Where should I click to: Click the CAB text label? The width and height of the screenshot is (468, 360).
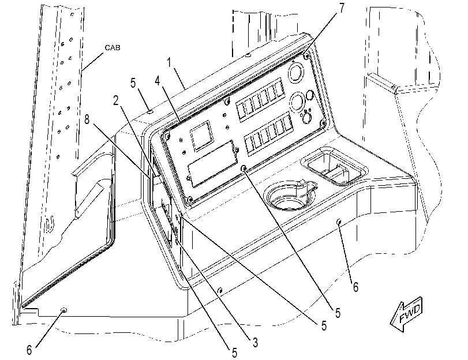(113, 48)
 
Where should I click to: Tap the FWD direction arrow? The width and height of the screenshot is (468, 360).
(406, 314)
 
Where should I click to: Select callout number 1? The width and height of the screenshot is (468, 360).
(169, 63)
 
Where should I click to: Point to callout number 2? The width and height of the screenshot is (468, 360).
(116, 100)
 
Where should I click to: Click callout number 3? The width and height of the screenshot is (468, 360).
(255, 343)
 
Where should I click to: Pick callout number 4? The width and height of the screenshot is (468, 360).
(158, 81)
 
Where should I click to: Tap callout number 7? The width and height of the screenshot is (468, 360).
(342, 8)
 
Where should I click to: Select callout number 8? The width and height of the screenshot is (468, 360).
(87, 119)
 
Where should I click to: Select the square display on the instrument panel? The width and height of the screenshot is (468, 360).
(202, 136)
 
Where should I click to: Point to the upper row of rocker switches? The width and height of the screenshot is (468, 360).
(260, 100)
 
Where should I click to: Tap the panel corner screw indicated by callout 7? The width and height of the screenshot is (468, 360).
(306, 55)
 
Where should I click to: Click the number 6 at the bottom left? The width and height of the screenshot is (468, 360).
(29, 350)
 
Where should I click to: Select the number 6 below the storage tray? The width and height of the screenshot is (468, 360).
(355, 287)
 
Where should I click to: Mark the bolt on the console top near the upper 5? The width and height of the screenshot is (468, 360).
(150, 112)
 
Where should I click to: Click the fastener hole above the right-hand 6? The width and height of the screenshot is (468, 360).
(339, 222)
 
